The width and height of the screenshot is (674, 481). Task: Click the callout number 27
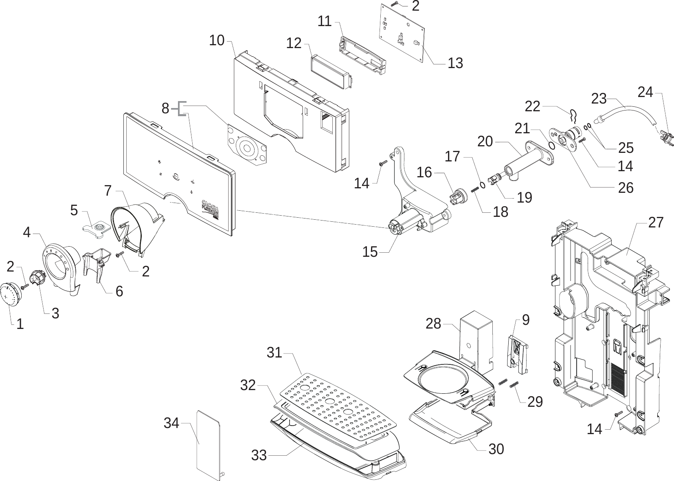[x=656, y=223]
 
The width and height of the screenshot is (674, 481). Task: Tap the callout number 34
[x=171, y=423]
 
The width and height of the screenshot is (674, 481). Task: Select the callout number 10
[x=217, y=40]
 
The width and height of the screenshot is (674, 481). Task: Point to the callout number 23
[x=599, y=99]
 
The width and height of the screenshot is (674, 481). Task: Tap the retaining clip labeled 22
[x=572, y=116]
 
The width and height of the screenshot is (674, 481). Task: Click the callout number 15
[x=370, y=252]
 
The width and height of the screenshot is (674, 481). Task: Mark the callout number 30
[x=496, y=449]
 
